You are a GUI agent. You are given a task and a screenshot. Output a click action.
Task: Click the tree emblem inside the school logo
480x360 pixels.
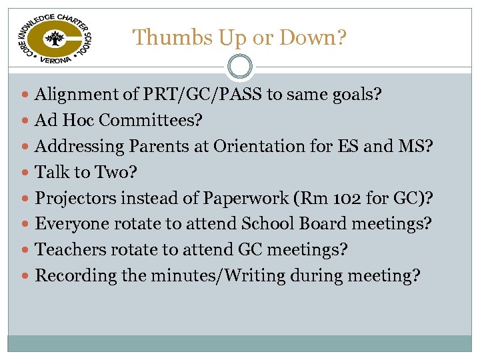pos(54,39)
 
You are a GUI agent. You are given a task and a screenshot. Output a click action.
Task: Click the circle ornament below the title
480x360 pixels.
pos(239,66)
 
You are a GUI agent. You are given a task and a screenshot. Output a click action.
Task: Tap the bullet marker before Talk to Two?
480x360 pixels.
pos(27,173)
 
